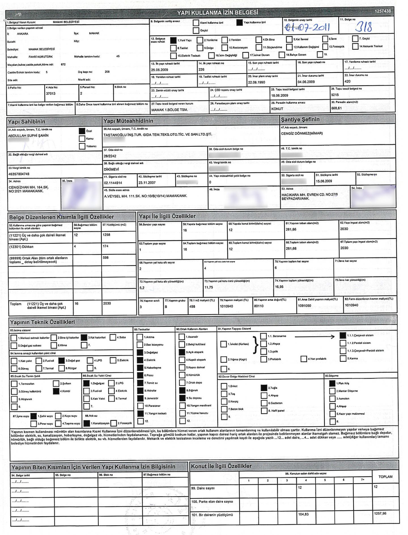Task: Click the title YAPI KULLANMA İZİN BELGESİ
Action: click(217, 13)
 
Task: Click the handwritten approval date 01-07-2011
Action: click(307, 27)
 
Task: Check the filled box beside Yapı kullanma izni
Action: click(239, 23)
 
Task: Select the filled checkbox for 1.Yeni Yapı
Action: click(173, 40)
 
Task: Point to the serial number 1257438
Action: click(382, 11)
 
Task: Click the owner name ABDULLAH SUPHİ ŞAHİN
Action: click(28, 136)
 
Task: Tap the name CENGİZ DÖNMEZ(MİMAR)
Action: click(301, 134)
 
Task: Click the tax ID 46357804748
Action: click(19, 174)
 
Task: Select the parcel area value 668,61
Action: click(336, 108)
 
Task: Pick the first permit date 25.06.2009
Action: click(160, 70)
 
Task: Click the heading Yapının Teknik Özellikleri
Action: click(42, 322)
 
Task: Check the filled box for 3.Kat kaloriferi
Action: click(84, 338)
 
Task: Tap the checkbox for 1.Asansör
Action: click(182, 337)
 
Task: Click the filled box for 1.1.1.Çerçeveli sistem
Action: click(343, 336)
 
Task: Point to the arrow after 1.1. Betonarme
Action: click(314, 337)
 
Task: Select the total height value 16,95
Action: click(279, 287)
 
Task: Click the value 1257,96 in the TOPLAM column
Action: click(380, 513)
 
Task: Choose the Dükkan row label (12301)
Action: click(21, 247)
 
